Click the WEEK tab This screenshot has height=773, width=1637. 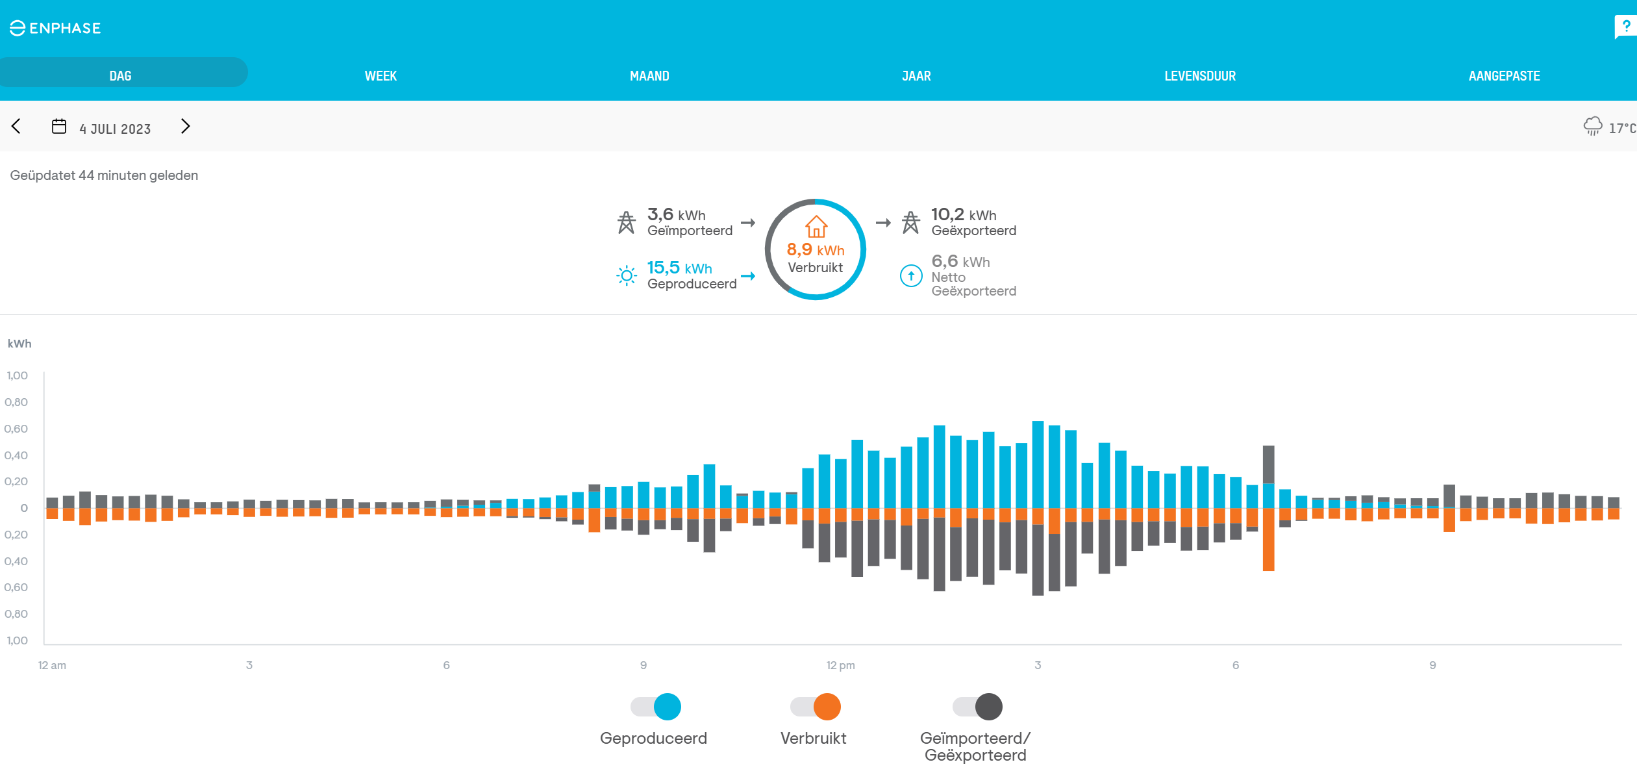[x=381, y=76]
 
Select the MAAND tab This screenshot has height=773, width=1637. [x=649, y=76]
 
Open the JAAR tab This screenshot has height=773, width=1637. [x=916, y=76]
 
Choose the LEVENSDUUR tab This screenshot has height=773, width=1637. [x=1199, y=76]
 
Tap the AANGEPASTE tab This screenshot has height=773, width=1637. [x=1504, y=76]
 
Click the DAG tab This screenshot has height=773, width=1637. [x=121, y=76]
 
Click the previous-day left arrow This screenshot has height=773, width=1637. [x=17, y=126]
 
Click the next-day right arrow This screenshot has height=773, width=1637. [x=185, y=126]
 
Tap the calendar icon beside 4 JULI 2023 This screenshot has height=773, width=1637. [x=59, y=126]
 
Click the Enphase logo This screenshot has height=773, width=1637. [x=56, y=28]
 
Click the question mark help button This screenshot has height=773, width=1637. [x=1625, y=27]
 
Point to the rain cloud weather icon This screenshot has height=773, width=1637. [x=1592, y=126]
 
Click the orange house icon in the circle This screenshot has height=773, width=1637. [x=816, y=227]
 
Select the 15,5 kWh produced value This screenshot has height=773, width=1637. [x=679, y=268]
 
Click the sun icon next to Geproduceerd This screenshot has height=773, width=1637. [x=626, y=276]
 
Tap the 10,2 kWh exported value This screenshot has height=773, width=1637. [x=963, y=214]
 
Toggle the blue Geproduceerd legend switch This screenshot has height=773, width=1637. [x=656, y=707]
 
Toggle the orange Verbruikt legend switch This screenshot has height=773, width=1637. [x=816, y=707]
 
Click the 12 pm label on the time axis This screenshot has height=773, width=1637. [x=840, y=665]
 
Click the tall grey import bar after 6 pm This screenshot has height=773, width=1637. [x=1268, y=464]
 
